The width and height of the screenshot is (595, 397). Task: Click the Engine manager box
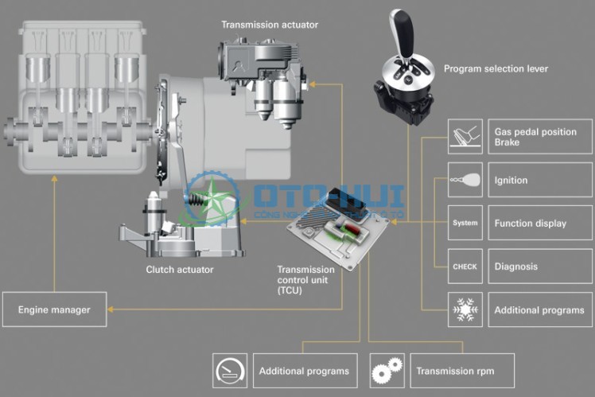pyautogui.click(x=54, y=309)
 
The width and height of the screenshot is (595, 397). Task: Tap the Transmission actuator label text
pyautogui.click(x=270, y=25)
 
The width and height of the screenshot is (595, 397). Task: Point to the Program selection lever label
pyautogui.click(x=496, y=69)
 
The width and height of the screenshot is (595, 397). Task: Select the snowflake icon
pyautogui.click(x=465, y=309)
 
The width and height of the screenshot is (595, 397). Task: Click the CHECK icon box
pyautogui.click(x=465, y=267)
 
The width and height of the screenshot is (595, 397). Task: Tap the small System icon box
pyautogui.click(x=465, y=224)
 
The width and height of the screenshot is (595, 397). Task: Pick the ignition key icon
pyautogui.click(x=465, y=180)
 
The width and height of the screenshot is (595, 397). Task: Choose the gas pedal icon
pyautogui.click(x=465, y=136)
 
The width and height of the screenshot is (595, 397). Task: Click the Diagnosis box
pyautogui.click(x=539, y=267)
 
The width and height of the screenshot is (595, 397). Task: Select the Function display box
pyautogui.click(x=539, y=224)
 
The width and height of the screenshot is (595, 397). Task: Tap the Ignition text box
pyautogui.click(x=539, y=180)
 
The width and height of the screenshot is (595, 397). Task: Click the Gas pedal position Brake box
pyautogui.click(x=539, y=136)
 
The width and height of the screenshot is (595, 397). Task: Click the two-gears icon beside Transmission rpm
pyautogui.click(x=387, y=371)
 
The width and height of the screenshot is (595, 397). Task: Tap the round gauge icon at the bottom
pyautogui.click(x=230, y=371)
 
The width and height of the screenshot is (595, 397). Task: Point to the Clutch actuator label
pyautogui.click(x=180, y=270)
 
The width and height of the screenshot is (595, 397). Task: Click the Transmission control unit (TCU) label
pyautogui.click(x=305, y=280)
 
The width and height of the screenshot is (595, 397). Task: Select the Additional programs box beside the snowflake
pyautogui.click(x=539, y=309)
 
